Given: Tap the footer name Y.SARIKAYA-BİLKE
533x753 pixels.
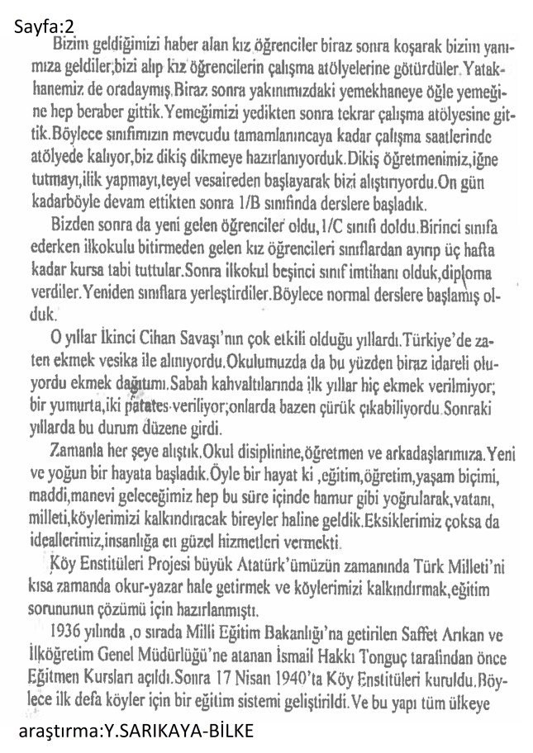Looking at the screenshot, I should (180, 731).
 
